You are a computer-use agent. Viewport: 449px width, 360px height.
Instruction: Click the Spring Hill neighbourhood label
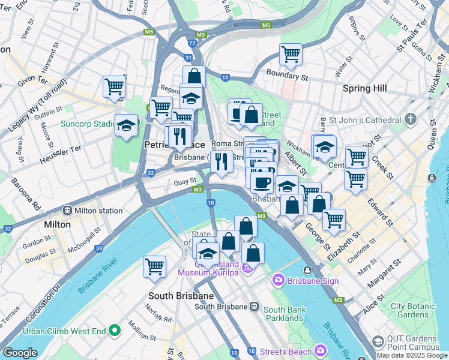tap(364, 88)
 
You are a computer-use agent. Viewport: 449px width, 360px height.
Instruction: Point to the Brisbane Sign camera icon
tap(278, 280)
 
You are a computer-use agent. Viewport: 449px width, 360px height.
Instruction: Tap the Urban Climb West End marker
tap(115, 331)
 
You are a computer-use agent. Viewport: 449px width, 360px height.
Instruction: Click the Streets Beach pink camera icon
tap(321, 351)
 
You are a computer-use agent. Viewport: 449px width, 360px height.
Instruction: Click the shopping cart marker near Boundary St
tap(291, 55)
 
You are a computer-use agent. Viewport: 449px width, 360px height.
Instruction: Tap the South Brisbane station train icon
tap(255, 307)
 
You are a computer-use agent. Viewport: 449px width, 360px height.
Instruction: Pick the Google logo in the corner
tap(20, 353)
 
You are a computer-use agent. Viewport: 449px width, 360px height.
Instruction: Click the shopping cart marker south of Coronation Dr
tap(154, 266)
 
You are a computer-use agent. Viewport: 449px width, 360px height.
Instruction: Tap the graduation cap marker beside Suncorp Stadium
tap(126, 126)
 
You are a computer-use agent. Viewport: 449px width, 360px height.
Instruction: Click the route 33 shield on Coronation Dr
tap(98, 248)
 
